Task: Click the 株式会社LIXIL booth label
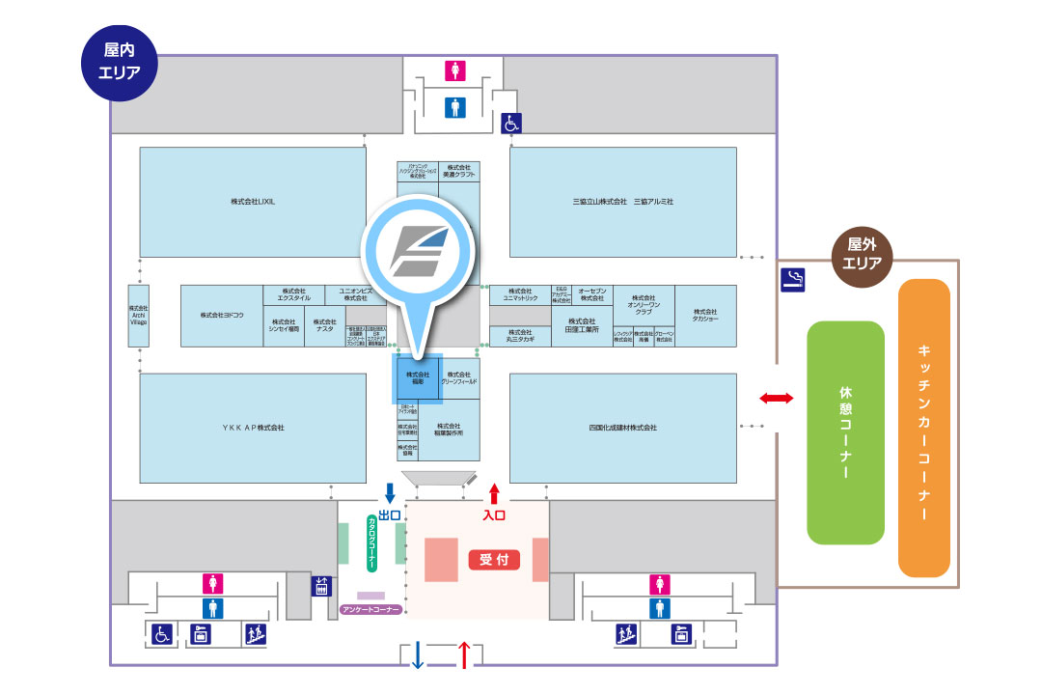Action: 253,202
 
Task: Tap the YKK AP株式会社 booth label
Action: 253,427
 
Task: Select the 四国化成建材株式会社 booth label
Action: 622,427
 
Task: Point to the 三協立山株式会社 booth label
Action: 596,202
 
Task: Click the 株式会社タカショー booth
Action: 704,315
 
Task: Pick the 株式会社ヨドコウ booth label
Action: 222,315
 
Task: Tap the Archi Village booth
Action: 139,316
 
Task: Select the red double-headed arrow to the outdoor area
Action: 777,398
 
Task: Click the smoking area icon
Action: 793,281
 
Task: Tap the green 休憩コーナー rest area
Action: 845,432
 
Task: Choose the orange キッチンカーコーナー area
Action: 923,428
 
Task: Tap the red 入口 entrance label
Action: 494,515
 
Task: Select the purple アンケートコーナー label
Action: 371,610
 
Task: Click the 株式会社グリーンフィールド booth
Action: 460,377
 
